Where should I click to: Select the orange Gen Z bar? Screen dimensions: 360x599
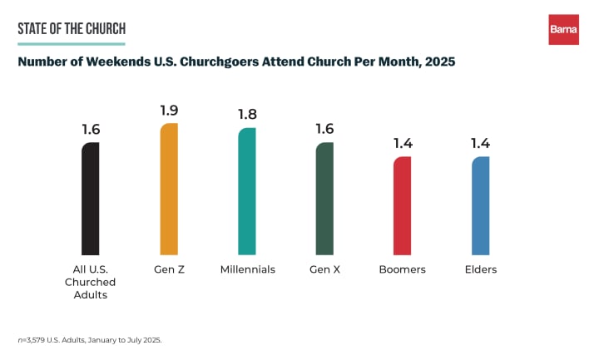pyautogui.click(x=169, y=189)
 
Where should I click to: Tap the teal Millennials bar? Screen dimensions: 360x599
pyautogui.click(x=247, y=191)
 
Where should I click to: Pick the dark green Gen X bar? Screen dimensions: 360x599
pyautogui.click(x=324, y=199)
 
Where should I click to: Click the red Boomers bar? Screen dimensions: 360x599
pyautogui.click(x=403, y=205)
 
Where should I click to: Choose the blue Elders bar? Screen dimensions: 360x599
pyautogui.click(x=480, y=205)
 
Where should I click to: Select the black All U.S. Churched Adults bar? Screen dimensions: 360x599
pyautogui.click(x=91, y=199)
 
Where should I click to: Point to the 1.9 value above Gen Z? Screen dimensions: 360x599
pyautogui.click(x=169, y=110)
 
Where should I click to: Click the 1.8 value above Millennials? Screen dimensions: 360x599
pyautogui.click(x=247, y=115)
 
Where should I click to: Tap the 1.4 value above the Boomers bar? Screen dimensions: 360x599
pyautogui.click(x=403, y=143)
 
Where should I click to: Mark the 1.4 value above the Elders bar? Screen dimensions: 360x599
pyautogui.click(x=480, y=143)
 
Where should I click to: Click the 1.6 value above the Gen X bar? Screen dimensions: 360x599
pyautogui.click(x=324, y=130)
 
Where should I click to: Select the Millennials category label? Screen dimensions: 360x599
pyautogui.click(x=247, y=269)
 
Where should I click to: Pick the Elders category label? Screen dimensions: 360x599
pyautogui.click(x=480, y=269)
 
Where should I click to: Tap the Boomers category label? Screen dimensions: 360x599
pyautogui.click(x=403, y=269)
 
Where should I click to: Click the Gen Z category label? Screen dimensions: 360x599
pyautogui.click(x=169, y=269)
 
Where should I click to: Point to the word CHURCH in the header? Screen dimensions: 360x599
pyautogui.click(x=106, y=30)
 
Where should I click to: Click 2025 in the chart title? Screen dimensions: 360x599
pyautogui.click(x=438, y=62)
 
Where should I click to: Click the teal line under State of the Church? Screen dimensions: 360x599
pyautogui.click(x=71, y=44)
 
